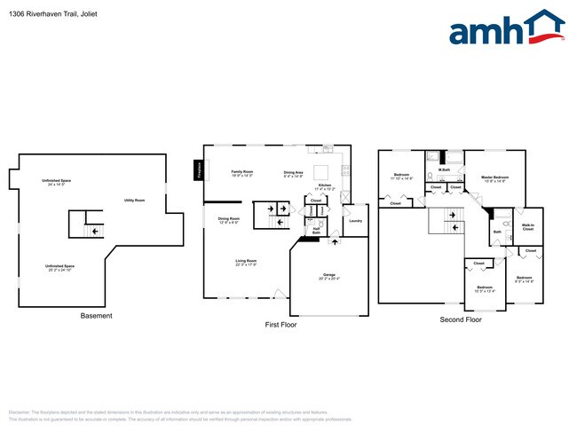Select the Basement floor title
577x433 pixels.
(96, 316)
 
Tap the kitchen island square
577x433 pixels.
(321, 171)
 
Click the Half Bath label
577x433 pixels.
(316, 232)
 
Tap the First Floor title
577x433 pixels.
(281, 325)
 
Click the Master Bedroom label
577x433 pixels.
(493, 179)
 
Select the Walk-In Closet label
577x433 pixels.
(527, 228)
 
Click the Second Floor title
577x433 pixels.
(460, 319)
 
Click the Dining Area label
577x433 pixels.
(293, 173)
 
